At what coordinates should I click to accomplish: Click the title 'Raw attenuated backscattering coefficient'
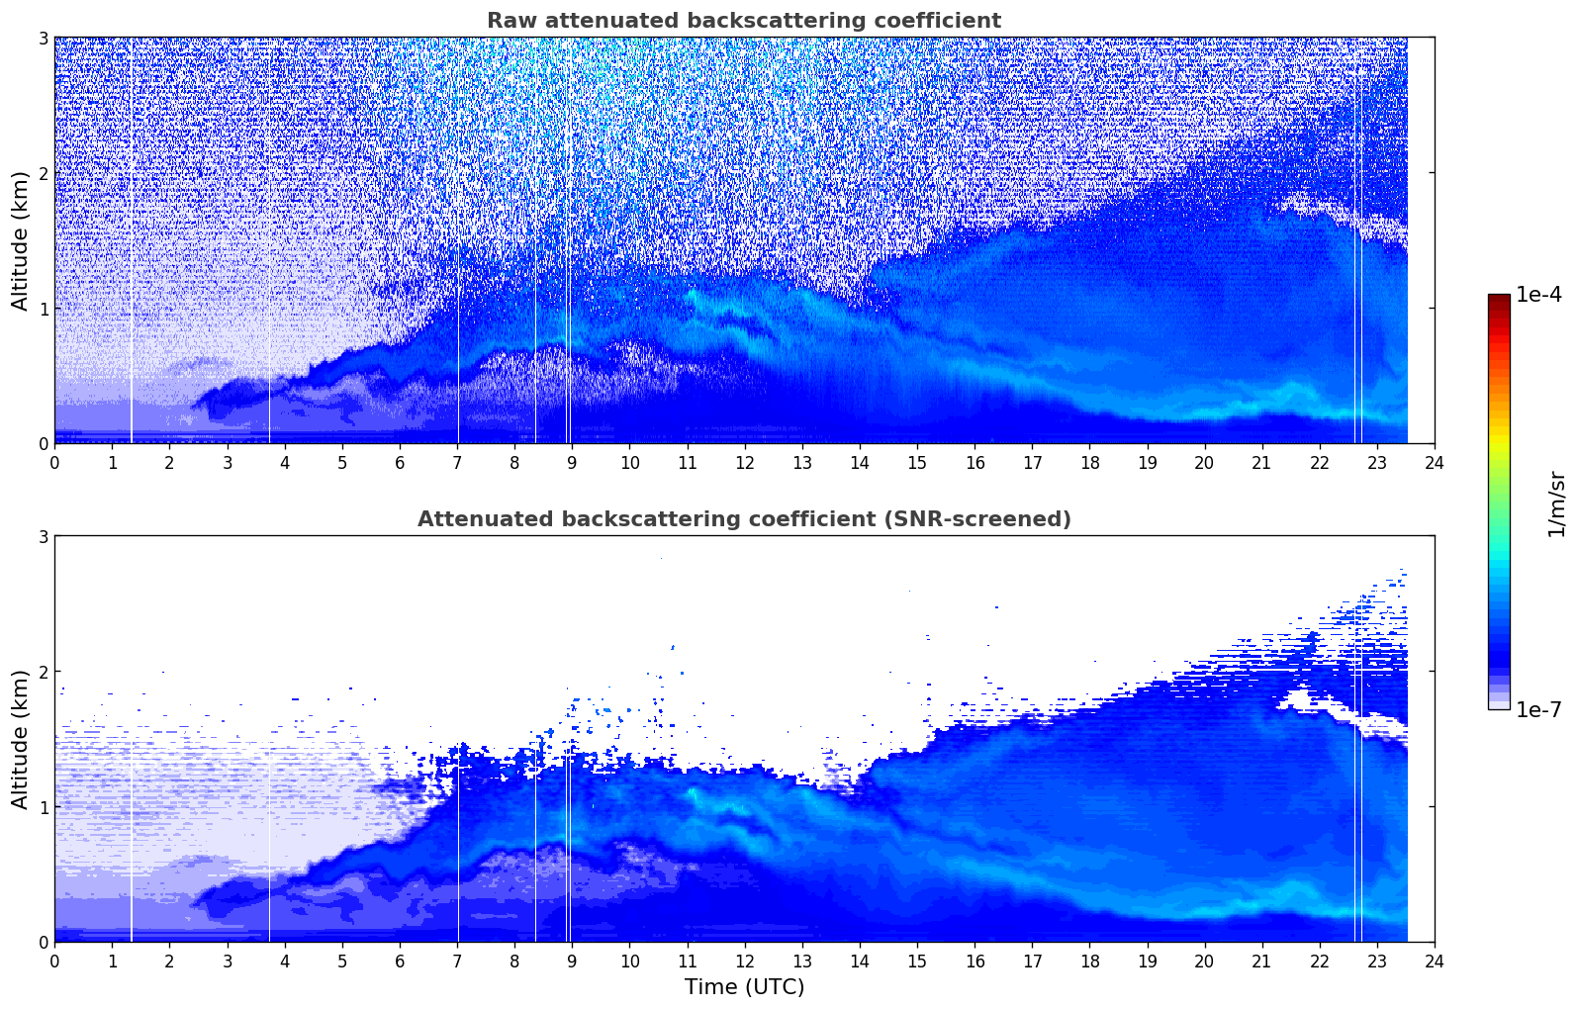pos(744,21)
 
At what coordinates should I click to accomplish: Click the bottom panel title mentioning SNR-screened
pos(744,519)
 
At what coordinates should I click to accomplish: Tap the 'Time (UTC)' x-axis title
pos(744,987)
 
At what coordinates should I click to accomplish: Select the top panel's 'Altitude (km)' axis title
pos(21,240)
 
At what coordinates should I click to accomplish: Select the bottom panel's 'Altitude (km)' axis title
pos(21,739)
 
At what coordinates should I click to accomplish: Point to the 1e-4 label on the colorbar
pos(1538,295)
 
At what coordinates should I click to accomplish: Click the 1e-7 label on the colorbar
pos(1538,709)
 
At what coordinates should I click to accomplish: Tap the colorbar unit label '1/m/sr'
pos(1556,504)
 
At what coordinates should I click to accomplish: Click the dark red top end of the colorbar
pos(1499,299)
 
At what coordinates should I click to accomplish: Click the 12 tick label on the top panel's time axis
pos(745,462)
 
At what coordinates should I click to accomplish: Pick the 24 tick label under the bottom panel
pos(1435,961)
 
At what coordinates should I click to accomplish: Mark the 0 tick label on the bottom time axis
pos(54,961)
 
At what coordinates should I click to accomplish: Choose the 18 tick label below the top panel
pos(1089,462)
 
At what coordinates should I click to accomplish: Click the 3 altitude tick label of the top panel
pos(43,38)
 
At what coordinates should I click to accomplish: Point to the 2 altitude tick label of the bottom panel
pos(43,672)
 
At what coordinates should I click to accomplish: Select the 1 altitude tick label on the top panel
pos(43,309)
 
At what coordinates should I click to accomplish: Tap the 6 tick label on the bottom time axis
pos(400,961)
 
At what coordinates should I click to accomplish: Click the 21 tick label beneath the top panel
pos(1261,462)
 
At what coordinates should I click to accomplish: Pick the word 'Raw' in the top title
pos(510,21)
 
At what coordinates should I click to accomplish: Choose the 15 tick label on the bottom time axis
pos(917,961)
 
